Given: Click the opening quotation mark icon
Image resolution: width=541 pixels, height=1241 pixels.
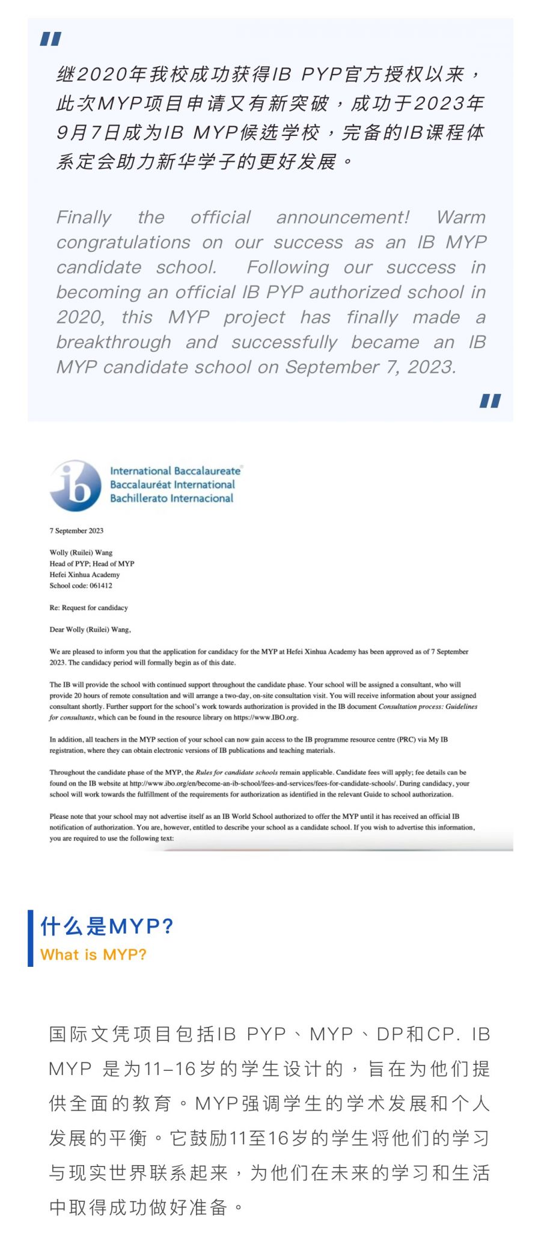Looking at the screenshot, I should (x=50, y=39).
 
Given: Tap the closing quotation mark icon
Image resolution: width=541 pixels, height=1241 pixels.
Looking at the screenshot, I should (x=490, y=400).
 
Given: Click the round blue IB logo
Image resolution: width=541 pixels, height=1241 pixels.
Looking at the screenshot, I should (x=76, y=486).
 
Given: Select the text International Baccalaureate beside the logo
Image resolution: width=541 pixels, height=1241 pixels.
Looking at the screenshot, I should (x=175, y=471).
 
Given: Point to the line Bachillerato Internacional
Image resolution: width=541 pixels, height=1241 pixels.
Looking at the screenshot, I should (x=171, y=498).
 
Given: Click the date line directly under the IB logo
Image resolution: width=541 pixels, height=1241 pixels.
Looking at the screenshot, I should (x=76, y=530).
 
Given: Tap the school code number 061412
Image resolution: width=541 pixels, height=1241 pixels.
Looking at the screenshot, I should (x=101, y=585).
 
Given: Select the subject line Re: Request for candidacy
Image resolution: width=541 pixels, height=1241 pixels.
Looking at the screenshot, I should (x=88, y=607).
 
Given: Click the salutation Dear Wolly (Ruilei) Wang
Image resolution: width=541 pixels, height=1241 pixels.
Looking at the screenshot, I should (x=90, y=630).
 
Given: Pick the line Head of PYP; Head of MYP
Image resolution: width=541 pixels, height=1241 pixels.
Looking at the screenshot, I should (x=92, y=563).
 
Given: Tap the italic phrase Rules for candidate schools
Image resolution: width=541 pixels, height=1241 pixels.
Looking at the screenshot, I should (x=236, y=772).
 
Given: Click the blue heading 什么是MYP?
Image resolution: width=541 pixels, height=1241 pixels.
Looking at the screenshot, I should (x=106, y=926).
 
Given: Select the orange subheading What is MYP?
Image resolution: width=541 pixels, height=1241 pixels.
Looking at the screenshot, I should (x=93, y=955).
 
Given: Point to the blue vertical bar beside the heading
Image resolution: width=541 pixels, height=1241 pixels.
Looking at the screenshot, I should (x=31, y=938).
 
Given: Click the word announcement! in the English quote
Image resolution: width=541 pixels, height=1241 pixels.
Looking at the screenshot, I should (x=343, y=217).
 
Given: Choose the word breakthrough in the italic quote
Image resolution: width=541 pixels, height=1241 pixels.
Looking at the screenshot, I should (x=114, y=342).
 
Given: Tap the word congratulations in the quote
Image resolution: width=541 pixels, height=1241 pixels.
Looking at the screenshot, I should (x=123, y=242).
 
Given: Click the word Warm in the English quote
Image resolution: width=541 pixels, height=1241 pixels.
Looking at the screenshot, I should (x=461, y=217).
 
